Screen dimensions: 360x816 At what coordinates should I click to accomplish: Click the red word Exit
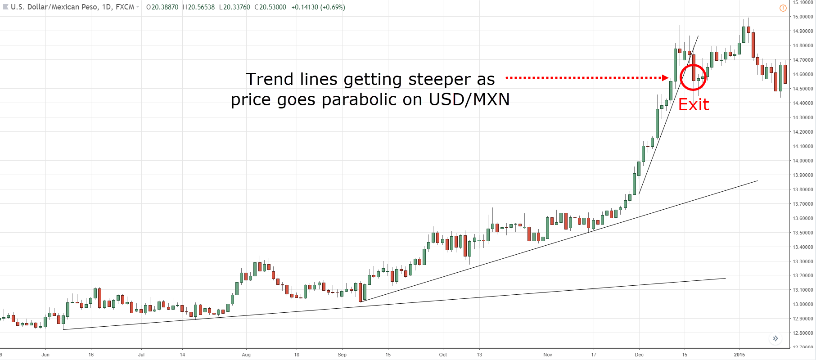tap(694, 105)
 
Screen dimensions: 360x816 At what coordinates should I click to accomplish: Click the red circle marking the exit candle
tap(693, 77)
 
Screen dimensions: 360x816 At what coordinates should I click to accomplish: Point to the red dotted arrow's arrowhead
tap(666, 78)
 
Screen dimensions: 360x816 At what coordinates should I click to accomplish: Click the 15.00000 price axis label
tap(803, 17)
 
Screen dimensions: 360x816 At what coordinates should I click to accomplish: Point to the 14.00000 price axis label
tap(803, 161)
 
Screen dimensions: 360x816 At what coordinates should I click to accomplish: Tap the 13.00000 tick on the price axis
tap(803, 304)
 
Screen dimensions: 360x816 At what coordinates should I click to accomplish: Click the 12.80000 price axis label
tap(803, 333)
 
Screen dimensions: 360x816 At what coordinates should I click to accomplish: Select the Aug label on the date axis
tap(246, 355)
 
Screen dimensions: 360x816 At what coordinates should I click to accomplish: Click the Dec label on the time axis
tap(639, 355)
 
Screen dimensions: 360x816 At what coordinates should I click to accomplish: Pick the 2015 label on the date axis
tap(739, 355)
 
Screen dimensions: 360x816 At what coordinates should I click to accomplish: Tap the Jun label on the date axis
tap(45, 355)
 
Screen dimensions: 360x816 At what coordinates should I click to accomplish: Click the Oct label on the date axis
tap(443, 355)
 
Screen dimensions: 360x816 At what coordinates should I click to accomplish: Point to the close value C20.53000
tap(270, 7)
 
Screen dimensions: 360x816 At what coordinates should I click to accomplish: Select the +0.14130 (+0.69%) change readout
tap(318, 7)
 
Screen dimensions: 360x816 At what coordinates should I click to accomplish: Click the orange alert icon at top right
tap(783, 8)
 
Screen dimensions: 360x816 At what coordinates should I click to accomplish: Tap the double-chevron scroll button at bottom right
tap(775, 338)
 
